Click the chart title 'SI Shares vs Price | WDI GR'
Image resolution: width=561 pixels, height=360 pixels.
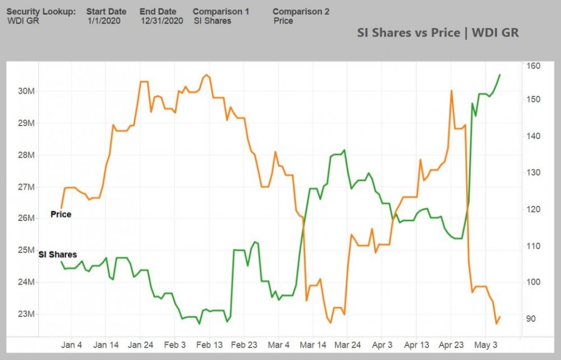(x=438, y=33)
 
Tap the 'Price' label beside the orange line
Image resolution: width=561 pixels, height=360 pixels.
(x=61, y=214)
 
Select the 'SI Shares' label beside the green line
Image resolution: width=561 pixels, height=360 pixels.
(x=58, y=255)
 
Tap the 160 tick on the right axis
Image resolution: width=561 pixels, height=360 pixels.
(x=533, y=66)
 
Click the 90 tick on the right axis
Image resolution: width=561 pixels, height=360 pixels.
(x=531, y=319)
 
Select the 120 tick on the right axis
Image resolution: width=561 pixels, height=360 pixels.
(x=533, y=209)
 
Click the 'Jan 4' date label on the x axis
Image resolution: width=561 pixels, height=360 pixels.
(x=72, y=345)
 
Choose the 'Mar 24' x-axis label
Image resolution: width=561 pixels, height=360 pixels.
(x=348, y=345)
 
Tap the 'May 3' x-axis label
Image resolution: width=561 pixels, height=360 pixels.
(x=486, y=345)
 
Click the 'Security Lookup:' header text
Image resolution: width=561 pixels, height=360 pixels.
(x=41, y=11)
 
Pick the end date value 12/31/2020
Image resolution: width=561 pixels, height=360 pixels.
(x=162, y=21)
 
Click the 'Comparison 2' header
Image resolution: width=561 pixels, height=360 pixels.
(x=301, y=11)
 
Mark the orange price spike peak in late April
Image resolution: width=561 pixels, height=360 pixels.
(x=451, y=90)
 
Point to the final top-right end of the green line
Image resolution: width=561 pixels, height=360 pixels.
(x=500, y=75)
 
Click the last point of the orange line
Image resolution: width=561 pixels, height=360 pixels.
(x=500, y=317)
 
